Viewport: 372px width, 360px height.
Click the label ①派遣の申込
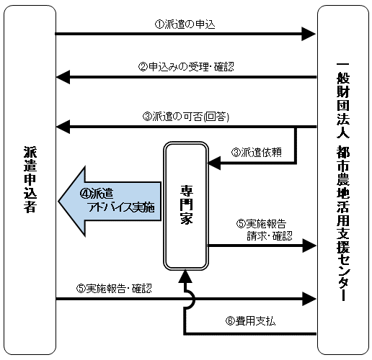tap(185, 24)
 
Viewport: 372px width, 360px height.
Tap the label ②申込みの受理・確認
tap(186, 66)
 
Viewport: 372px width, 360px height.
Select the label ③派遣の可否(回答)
tap(186, 117)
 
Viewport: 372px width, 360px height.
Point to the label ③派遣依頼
tap(257, 152)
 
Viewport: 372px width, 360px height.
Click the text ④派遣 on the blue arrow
tap(97, 194)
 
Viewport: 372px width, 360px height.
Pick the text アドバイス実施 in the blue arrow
tap(122, 207)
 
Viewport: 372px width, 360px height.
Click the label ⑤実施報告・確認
tap(114, 288)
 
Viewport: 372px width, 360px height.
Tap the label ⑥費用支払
tap(250, 320)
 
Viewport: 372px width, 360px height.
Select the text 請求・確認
tap(270, 235)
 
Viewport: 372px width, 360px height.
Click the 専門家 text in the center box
tap(187, 204)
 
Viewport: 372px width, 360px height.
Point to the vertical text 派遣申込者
tap(30, 179)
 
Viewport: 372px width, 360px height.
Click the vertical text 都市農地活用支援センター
tap(343, 222)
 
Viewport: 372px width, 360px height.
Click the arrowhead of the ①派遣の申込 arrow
tap(309, 34)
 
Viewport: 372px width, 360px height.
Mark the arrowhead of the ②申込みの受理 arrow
tap(63, 77)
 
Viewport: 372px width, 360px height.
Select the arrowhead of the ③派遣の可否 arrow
tap(63, 127)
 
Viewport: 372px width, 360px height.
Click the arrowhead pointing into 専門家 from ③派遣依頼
tap(214, 163)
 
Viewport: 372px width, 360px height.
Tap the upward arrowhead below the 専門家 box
tap(185, 276)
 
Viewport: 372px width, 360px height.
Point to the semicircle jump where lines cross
tap(190, 299)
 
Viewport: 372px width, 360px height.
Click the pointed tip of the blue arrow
tap(59, 201)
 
